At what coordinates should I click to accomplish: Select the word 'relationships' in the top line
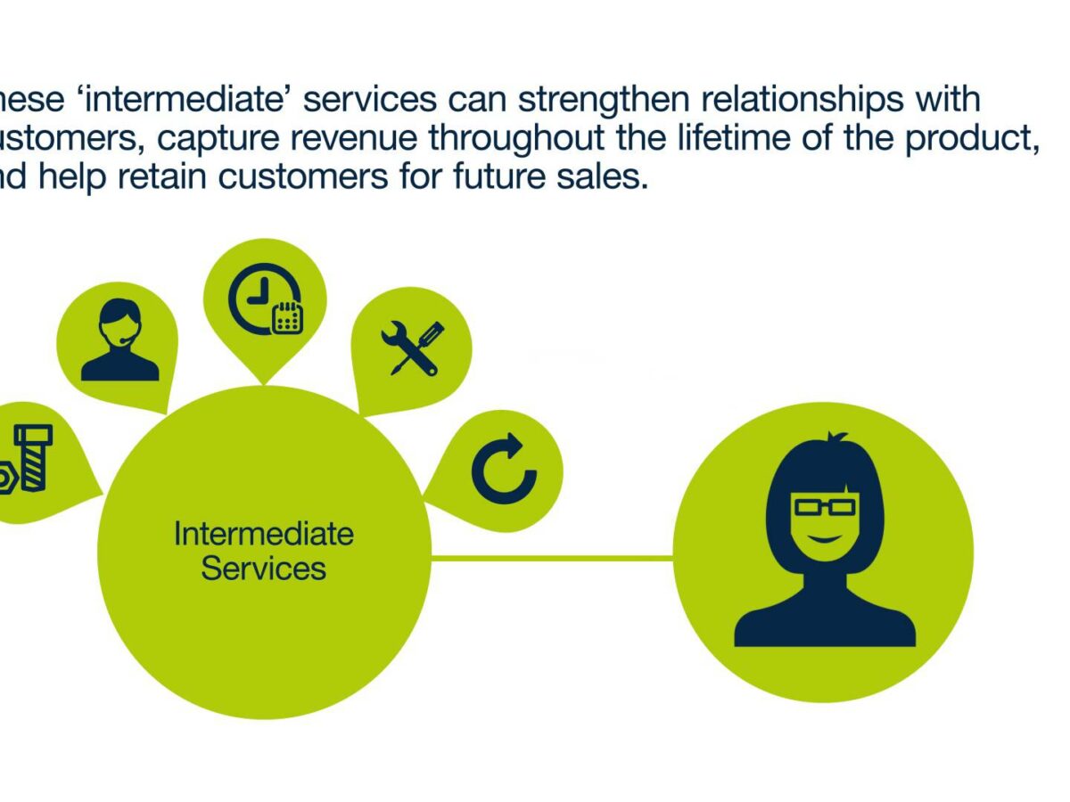point(827,100)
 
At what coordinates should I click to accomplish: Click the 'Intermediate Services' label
point(263,551)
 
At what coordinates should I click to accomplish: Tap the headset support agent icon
point(119,340)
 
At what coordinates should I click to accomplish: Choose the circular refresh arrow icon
point(504,470)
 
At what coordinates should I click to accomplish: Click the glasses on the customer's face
point(825,507)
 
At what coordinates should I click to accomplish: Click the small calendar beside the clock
point(287,317)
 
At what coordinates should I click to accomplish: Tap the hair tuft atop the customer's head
point(835,439)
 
